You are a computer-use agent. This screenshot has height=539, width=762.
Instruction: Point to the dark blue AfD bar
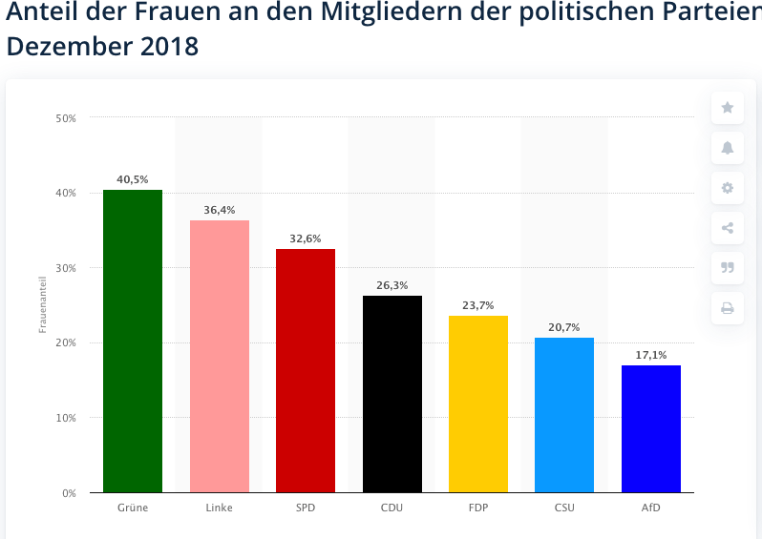click(651, 428)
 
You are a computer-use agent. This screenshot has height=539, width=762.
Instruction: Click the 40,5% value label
click(133, 178)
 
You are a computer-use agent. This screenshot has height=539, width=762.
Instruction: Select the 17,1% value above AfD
click(651, 355)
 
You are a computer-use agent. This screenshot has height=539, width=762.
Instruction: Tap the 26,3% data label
click(392, 284)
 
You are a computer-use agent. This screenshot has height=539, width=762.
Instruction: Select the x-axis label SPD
click(306, 508)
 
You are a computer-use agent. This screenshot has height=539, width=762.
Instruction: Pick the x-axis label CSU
click(564, 508)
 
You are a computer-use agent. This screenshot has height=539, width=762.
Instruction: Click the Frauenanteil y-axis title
click(43, 306)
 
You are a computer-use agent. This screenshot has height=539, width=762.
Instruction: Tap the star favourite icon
click(728, 108)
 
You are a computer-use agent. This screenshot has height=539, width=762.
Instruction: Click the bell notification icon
click(728, 148)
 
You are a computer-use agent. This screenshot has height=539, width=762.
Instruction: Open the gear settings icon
click(728, 188)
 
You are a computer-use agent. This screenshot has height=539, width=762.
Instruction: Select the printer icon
click(728, 308)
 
